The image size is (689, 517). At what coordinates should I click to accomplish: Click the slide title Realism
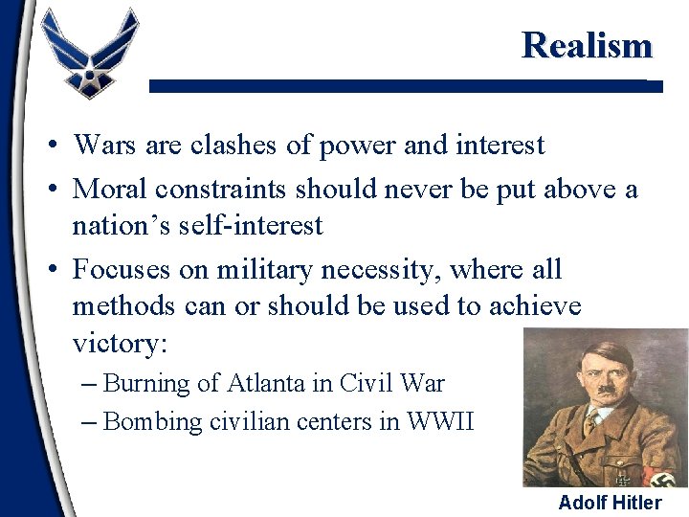point(586,45)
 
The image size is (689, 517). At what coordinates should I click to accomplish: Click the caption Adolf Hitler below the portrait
point(610,503)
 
